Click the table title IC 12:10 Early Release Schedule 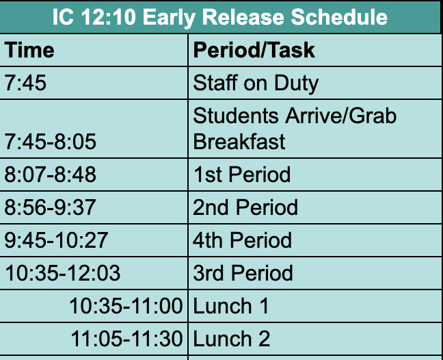(x=220, y=17)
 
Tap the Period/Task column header (x=254, y=50)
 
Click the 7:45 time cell (x=27, y=83)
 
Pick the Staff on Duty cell (x=256, y=83)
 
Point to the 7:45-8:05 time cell (x=51, y=142)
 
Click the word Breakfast (x=239, y=142)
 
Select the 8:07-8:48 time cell (x=51, y=175)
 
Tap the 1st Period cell (x=242, y=175)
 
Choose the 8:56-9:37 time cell (x=51, y=207)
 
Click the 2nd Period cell (x=245, y=207)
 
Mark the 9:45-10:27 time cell (x=56, y=240)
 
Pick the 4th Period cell (x=243, y=240)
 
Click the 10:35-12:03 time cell (x=62, y=273)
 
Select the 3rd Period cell (x=243, y=273)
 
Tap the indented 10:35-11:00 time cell (x=126, y=306)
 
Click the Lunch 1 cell (x=231, y=306)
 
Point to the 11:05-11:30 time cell (x=126, y=339)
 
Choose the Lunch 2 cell (x=232, y=339)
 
